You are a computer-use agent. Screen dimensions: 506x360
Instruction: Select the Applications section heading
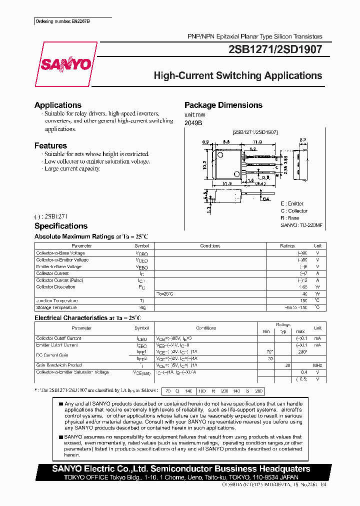(x=57, y=105)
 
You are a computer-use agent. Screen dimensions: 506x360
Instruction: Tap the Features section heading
(x=50, y=145)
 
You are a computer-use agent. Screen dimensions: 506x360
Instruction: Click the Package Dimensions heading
(x=223, y=105)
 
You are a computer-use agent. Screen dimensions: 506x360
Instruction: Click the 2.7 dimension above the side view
(x=302, y=140)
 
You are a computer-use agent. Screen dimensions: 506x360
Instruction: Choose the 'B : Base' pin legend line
(x=290, y=218)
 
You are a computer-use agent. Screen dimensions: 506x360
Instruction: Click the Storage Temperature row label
(x=56, y=307)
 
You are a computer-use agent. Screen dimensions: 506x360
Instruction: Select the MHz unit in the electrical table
(x=317, y=365)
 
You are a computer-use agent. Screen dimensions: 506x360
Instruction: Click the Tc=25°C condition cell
(x=165, y=293)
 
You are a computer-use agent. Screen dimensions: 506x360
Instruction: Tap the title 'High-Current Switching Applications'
(x=237, y=76)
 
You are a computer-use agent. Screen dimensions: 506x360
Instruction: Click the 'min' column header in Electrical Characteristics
(x=266, y=331)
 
